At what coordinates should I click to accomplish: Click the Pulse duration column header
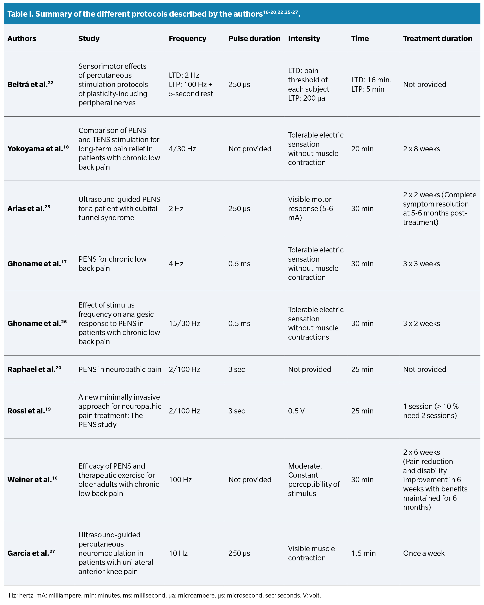254,38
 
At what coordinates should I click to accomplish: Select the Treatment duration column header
437,38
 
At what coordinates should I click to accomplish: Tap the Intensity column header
304,38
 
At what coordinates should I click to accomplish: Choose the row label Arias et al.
28,208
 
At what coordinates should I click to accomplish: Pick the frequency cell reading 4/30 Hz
182,149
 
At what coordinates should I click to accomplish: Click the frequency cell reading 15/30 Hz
184,324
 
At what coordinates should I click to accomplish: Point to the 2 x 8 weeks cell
421,149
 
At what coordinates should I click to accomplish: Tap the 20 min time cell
362,149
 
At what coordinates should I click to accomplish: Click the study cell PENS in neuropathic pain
120,369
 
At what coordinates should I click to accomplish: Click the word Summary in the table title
53,14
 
